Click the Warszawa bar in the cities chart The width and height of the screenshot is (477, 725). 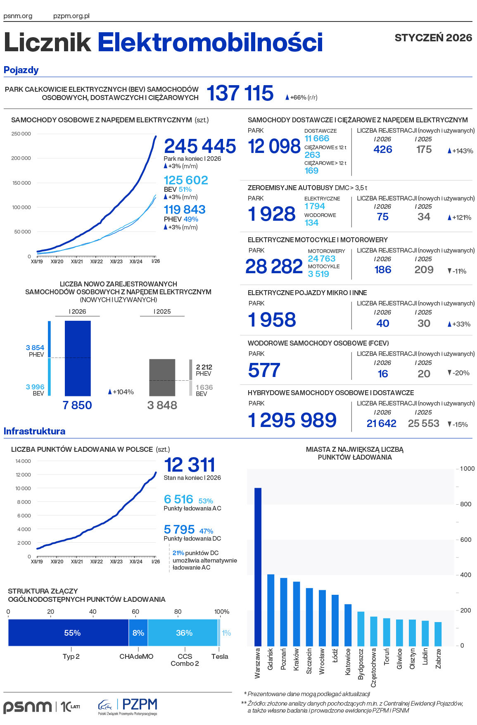(258, 566)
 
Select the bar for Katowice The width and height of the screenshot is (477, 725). (348, 625)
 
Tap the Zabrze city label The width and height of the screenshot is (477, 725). (438, 658)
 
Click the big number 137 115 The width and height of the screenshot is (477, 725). (240, 93)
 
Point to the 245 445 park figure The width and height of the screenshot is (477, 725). (200, 146)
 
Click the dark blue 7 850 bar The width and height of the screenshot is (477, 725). (78, 358)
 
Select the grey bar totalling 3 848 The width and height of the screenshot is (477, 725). (162, 377)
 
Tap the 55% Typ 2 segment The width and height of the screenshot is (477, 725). (69, 632)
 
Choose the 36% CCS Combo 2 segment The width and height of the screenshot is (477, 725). (183, 632)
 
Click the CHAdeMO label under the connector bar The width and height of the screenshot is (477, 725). (136, 656)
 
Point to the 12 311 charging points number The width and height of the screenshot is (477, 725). (190, 465)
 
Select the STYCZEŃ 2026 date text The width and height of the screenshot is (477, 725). (433, 38)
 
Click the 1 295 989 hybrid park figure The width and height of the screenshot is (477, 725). (292, 420)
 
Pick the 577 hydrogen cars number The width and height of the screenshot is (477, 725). (264, 370)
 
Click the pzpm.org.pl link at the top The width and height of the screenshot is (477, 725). (71, 16)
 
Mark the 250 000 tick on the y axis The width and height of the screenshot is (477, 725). (21, 134)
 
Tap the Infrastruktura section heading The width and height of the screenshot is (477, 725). (34, 431)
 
